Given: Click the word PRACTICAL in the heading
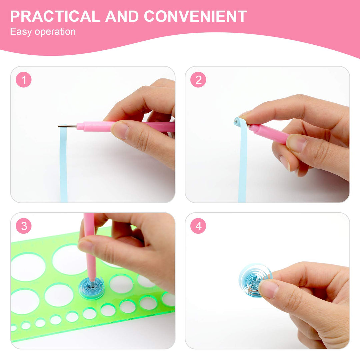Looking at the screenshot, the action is click(x=55, y=16).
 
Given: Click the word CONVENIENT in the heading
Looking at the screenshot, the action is click(x=195, y=16).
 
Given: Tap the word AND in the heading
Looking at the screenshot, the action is click(x=122, y=16).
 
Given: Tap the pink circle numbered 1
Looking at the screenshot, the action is click(x=24, y=80).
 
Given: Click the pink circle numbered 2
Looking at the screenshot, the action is click(x=198, y=80).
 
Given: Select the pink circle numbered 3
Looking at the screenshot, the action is click(x=24, y=226).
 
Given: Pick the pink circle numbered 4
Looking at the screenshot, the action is click(x=198, y=226).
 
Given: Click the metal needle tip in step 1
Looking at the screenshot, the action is click(x=58, y=126).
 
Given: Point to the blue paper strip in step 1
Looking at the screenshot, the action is click(x=64, y=164).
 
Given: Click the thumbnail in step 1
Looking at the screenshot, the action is click(x=120, y=130).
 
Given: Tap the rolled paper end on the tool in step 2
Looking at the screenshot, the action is click(x=237, y=121).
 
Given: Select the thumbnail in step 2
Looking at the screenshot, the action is click(x=297, y=143).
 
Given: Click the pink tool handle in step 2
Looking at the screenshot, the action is click(x=269, y=133).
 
